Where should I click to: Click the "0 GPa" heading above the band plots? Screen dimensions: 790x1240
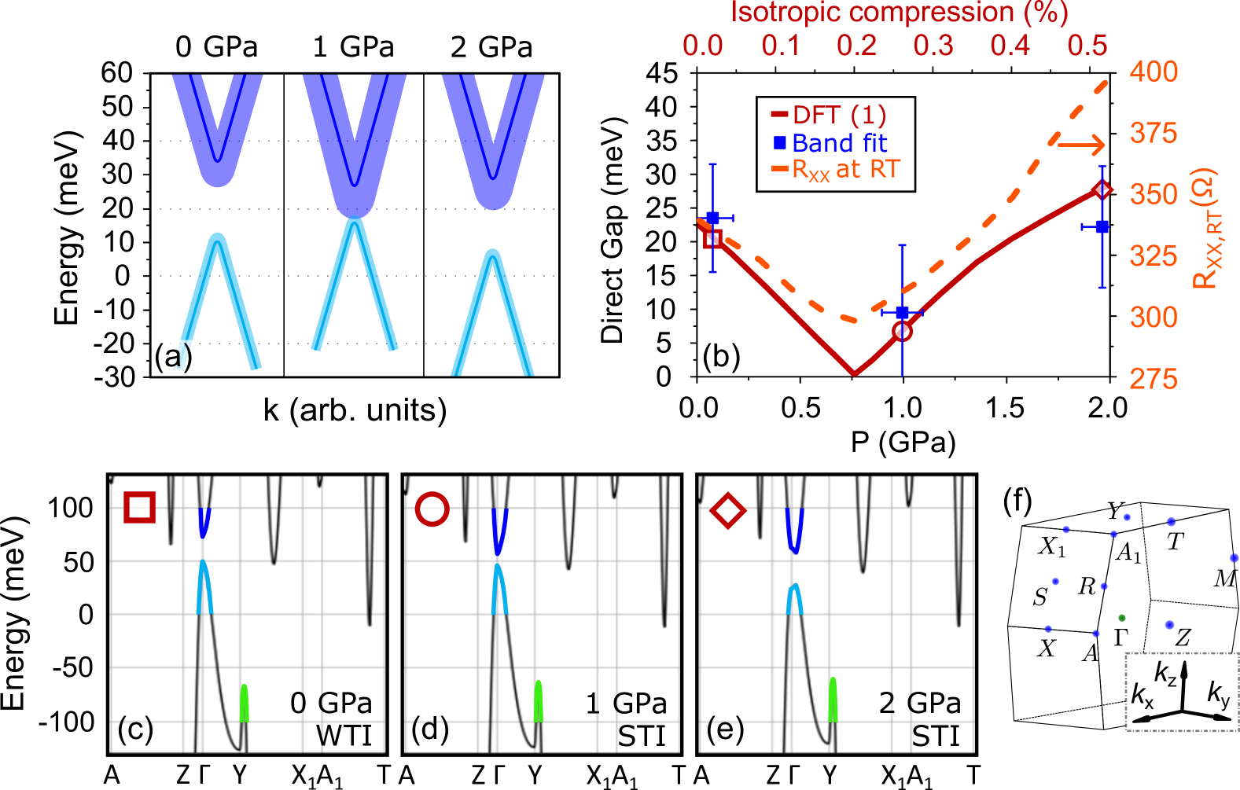point(216,47)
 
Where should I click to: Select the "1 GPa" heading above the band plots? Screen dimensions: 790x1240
point(353,47)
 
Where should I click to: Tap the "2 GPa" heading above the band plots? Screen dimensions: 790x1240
point(491,47)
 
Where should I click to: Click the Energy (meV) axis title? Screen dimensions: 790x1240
point(68,228)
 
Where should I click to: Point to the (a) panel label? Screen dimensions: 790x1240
point(173,357)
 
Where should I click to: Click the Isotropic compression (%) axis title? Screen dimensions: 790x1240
point(899,13)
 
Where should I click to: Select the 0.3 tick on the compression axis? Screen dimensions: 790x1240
point(933,46)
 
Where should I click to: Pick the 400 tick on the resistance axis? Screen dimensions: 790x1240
point(1154,72)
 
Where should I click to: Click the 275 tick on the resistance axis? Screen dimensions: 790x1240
point(1154,379)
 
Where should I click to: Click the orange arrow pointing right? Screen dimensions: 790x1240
point(1081,145)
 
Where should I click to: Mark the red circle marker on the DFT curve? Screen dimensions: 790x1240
point(903,332)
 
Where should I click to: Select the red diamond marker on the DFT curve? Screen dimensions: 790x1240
point(1102,189)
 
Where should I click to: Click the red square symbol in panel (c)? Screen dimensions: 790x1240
point(139,507)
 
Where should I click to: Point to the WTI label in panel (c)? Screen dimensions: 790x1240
point(344,737)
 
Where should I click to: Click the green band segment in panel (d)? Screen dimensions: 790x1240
point(539,701)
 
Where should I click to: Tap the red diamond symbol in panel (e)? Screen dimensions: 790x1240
point(727,511)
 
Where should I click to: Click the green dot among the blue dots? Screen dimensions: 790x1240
point(1122,618)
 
